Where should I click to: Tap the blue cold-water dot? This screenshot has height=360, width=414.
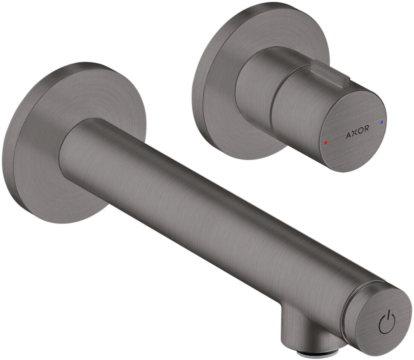[x=381, y=122]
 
